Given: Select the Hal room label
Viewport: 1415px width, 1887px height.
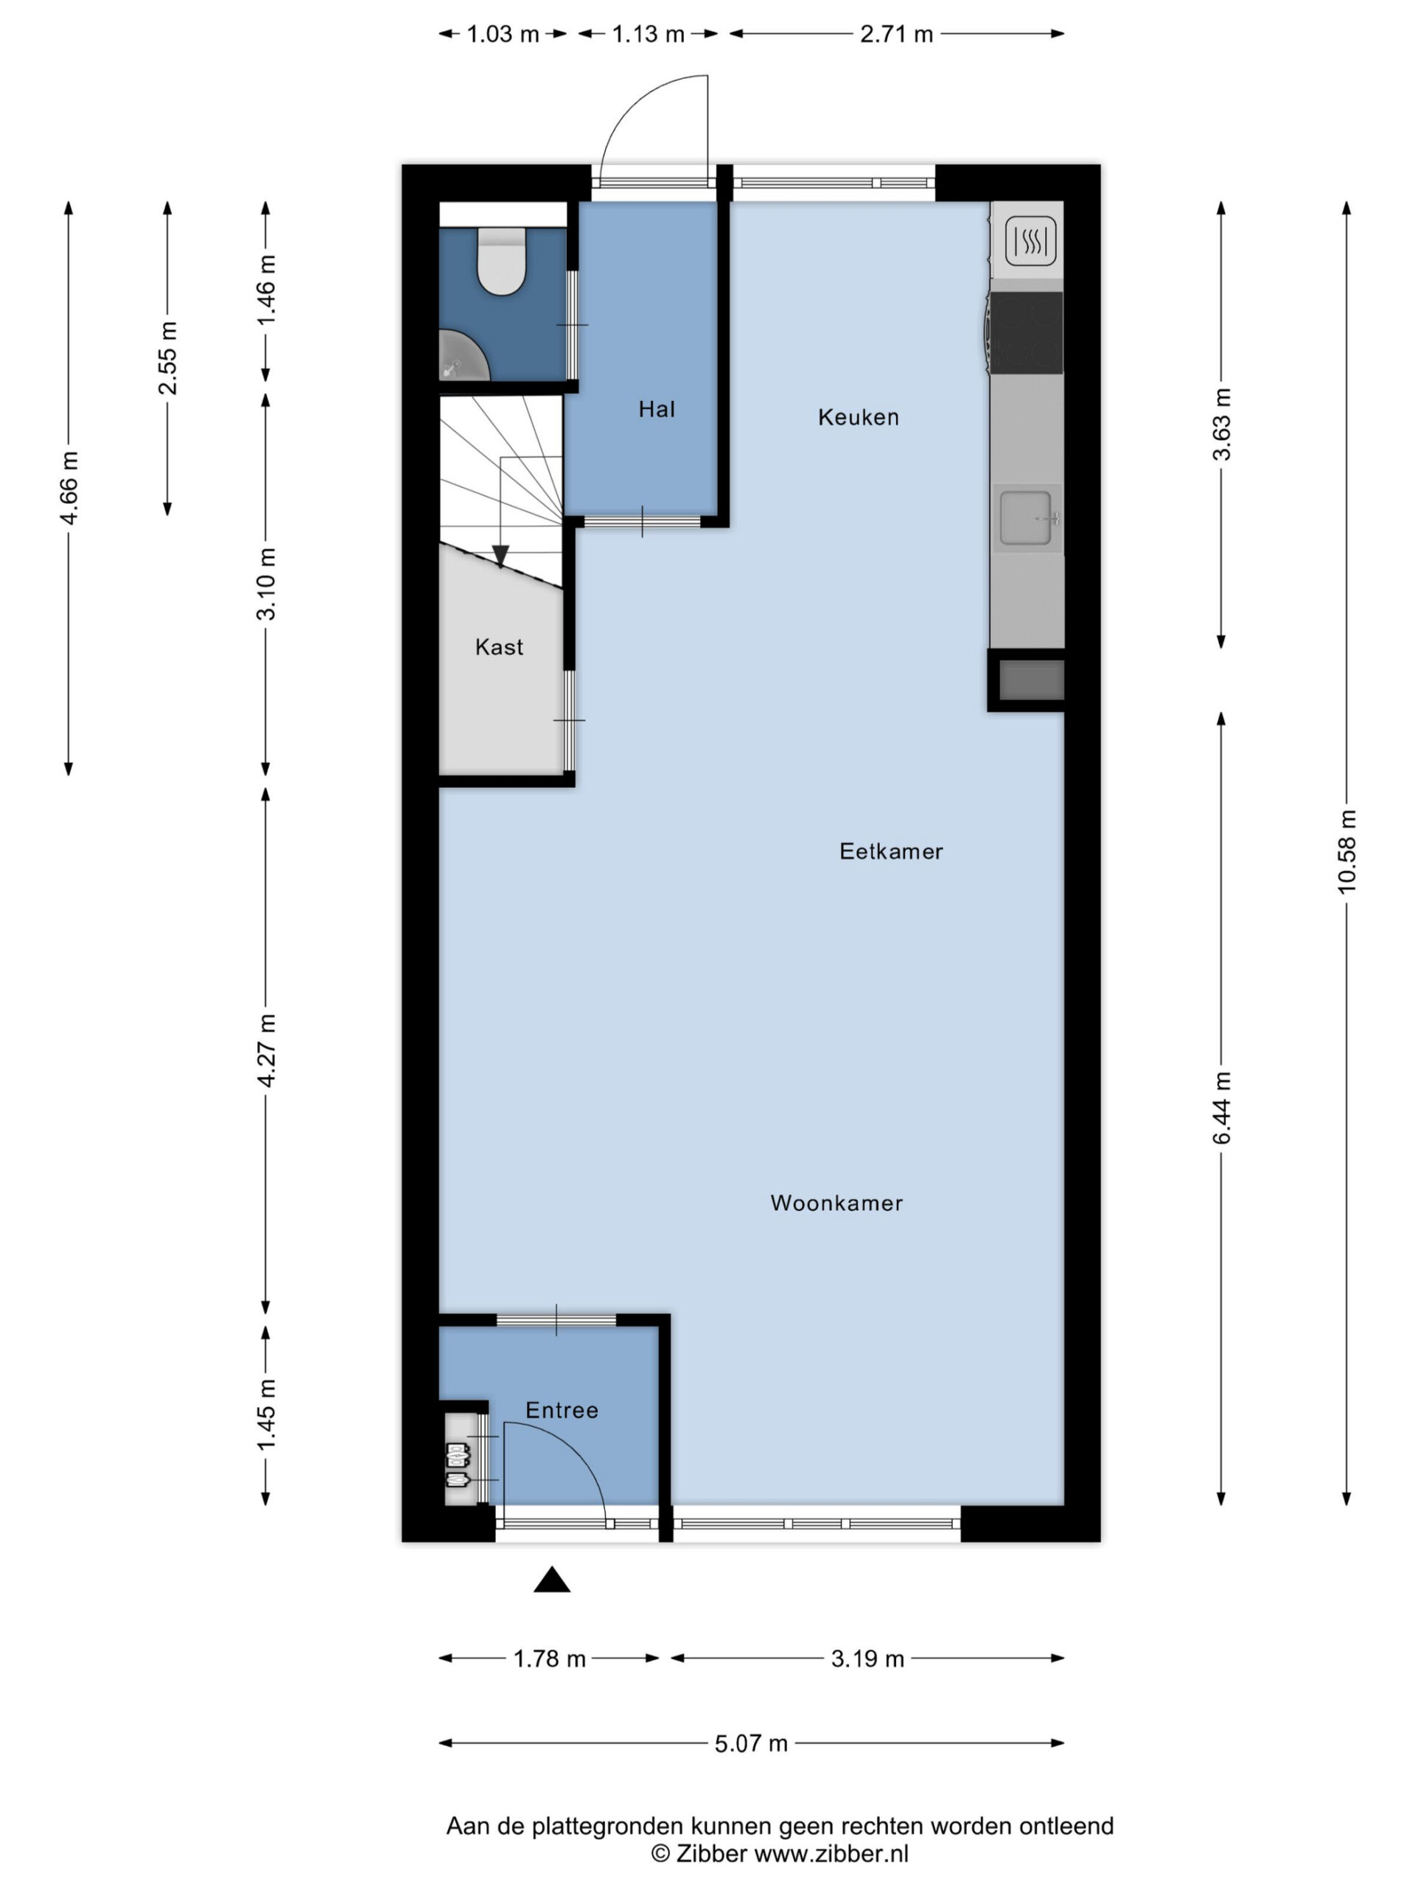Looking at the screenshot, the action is click(x=657, y=410).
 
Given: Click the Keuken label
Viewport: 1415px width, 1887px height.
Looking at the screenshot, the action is click(x=858, y=417).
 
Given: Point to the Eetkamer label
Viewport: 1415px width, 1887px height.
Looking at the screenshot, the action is click(x=891, y=851).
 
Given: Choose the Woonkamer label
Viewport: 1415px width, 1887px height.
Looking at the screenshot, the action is click(x=836, y=1203).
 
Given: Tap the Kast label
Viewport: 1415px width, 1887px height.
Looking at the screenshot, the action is click(x=499, y=646).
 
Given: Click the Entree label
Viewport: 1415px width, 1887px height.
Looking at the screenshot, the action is click(x=562, y=1410).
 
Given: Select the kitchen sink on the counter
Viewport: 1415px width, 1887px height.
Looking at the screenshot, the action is click(x=1027, y=517).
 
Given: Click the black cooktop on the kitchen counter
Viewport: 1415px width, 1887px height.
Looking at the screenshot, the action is click(x=1027, y=332).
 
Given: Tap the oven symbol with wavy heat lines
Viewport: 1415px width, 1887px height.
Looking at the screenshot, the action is click(x=1031, y=240).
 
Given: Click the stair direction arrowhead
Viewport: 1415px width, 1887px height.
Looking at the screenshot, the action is click(x=500, y=557).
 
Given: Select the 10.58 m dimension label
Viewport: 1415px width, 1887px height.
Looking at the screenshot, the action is click(x=1346, y=851).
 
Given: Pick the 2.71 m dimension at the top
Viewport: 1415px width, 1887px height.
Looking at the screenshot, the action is click(x=896, y=34).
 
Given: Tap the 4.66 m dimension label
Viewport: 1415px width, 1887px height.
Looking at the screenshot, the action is click(x=69, y=489).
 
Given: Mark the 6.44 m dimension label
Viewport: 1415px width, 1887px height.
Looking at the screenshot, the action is click(x=1221, y=1108).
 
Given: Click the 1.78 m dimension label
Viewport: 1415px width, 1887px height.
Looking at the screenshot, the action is click(x=549, y=1658).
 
